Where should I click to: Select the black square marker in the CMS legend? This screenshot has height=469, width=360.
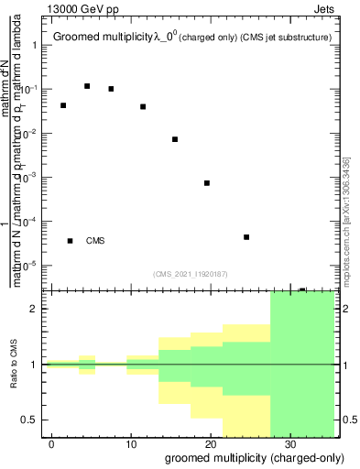click(70, 241)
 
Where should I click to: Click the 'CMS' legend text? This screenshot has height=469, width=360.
click(95, 241)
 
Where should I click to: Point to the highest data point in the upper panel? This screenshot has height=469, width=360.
click(87, 86)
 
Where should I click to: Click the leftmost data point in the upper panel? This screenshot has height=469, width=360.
click(63, 105)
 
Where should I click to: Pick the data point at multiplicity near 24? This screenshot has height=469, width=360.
click(246, 237)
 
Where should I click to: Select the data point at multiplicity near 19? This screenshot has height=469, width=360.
click(207, 183)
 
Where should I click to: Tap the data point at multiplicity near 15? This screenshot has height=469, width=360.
click(175, 139)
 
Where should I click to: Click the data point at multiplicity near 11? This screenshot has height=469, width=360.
click(143, 106)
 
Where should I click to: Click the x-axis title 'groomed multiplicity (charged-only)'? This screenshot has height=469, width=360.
click(248, 457)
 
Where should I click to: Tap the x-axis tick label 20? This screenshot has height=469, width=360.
click(210, 445)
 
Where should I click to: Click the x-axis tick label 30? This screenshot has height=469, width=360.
click(289, 445)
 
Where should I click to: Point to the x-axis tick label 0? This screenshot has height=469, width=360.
click(52, 445)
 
